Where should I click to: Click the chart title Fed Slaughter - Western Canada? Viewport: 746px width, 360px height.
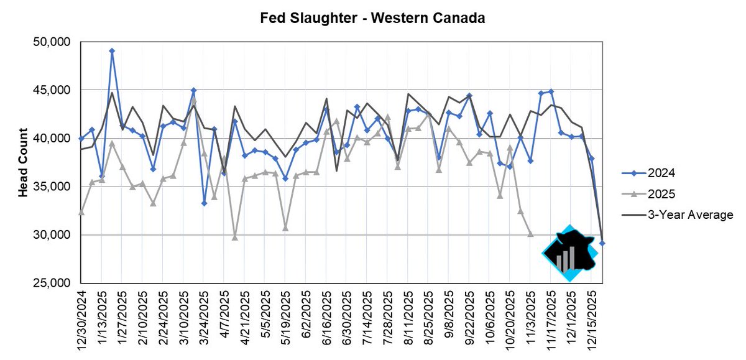[x=372, y=18]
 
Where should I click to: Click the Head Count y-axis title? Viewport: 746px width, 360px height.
[x=23, y=163]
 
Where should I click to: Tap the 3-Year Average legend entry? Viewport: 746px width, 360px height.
[x=678, y=215]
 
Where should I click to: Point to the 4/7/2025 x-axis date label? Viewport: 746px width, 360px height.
[x=224, y=312]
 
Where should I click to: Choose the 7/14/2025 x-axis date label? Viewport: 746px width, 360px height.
[x=367, y=315]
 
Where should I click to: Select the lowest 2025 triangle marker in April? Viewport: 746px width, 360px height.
[x=234, y=238]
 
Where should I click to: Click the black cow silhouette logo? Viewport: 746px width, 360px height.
[x=570, y=252]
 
